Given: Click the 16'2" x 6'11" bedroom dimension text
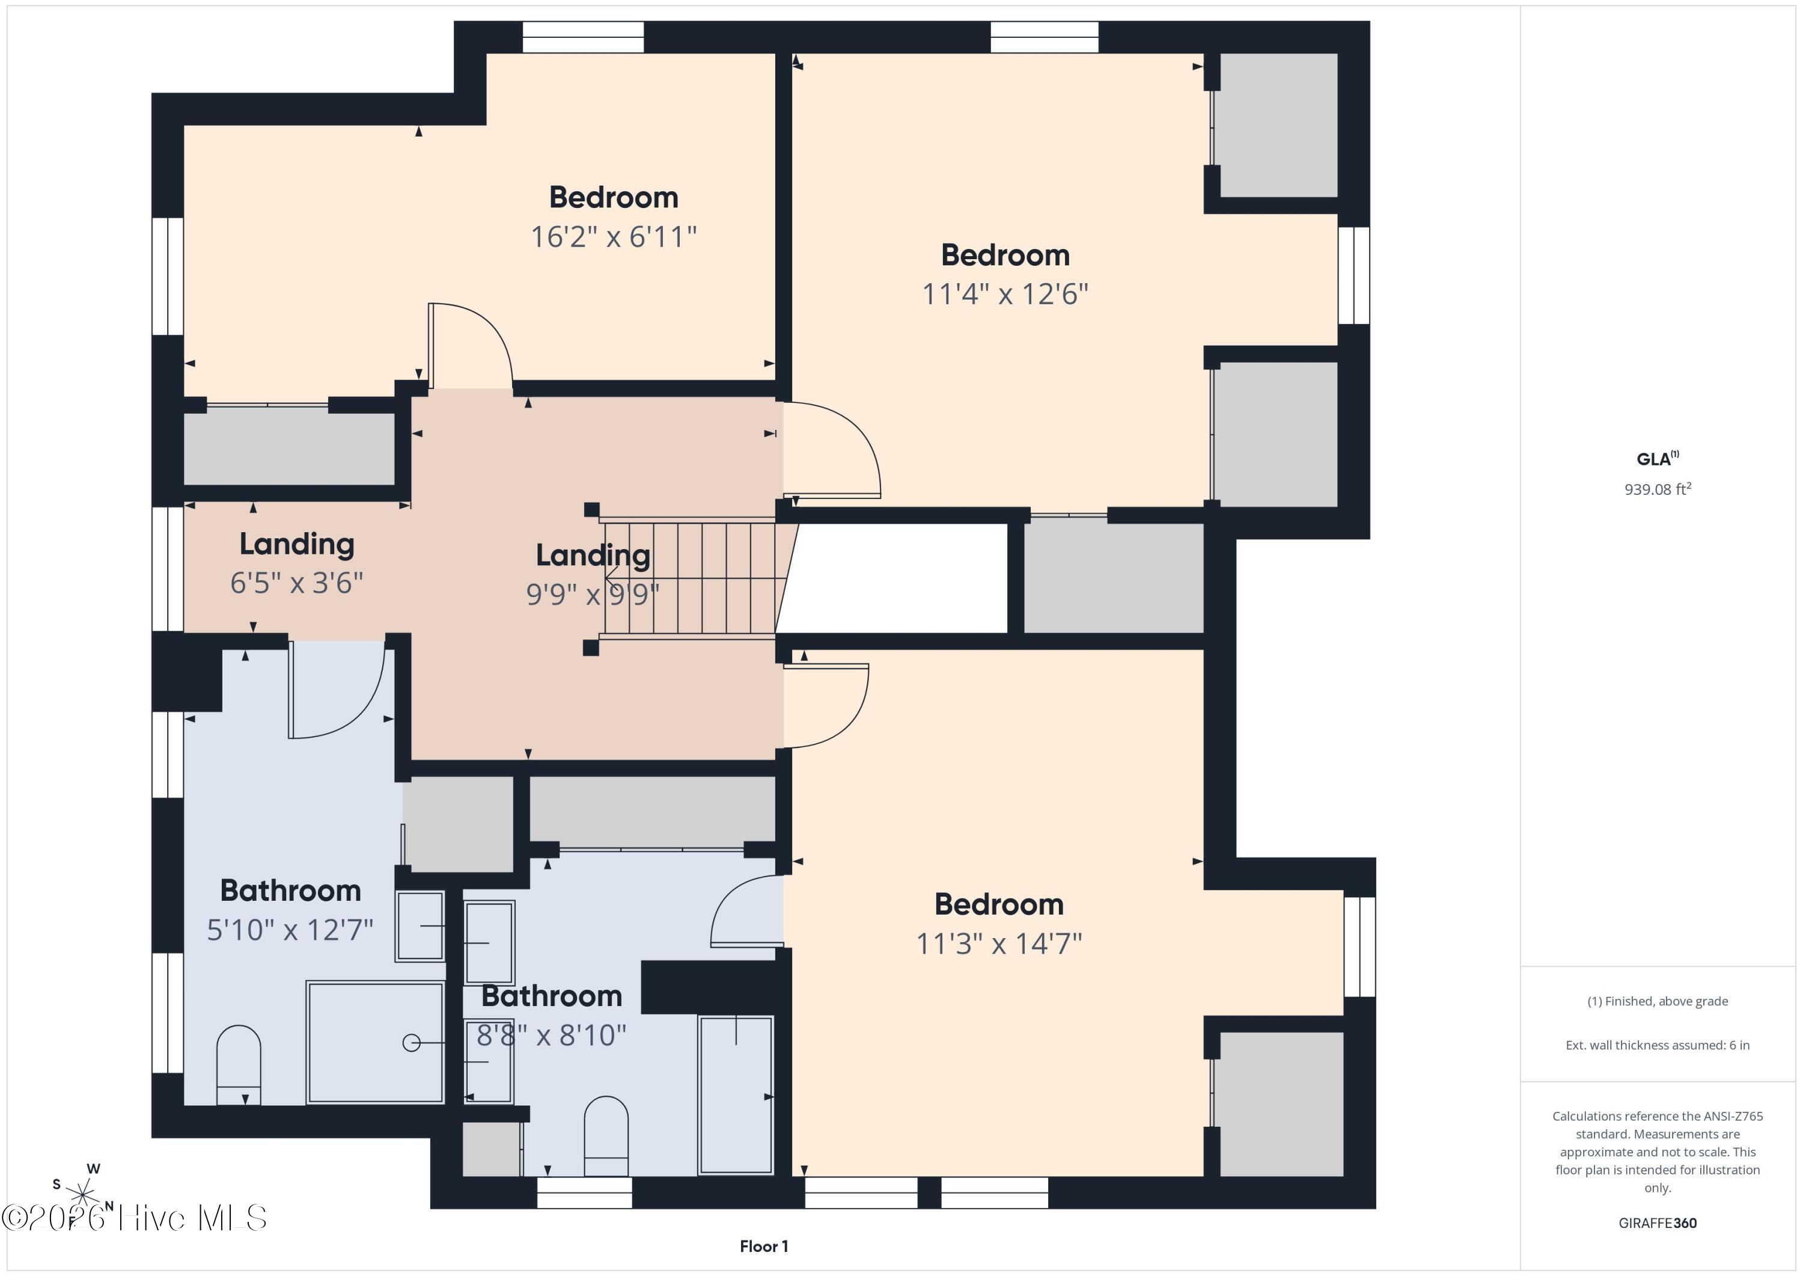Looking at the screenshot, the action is (x=613, y=236).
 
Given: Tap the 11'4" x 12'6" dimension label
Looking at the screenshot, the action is (x=1005, y=294).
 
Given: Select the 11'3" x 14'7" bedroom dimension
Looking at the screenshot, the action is (x=999, y=943).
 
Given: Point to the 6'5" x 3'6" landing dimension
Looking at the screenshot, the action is (x=297, y=583).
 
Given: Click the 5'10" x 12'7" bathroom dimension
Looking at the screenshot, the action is (x=290, y=930).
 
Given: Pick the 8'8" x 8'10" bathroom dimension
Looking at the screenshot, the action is (x=551, y=1035).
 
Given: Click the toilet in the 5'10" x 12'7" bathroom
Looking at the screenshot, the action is (x=239, y=1065).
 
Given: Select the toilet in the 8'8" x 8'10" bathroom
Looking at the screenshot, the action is (x=606, y=1136).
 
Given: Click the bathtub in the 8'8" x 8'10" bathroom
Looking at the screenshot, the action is (x=736, y=1094).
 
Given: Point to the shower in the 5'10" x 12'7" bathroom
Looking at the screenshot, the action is (x=376, y=1042).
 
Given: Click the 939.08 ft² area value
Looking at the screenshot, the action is (x=1658, y=489).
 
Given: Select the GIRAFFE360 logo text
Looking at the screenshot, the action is (x=1658, y=1222).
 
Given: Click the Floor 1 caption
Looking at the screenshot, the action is (x=763, y=1246).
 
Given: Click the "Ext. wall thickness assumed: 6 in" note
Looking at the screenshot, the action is (x=1657, y=1045).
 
